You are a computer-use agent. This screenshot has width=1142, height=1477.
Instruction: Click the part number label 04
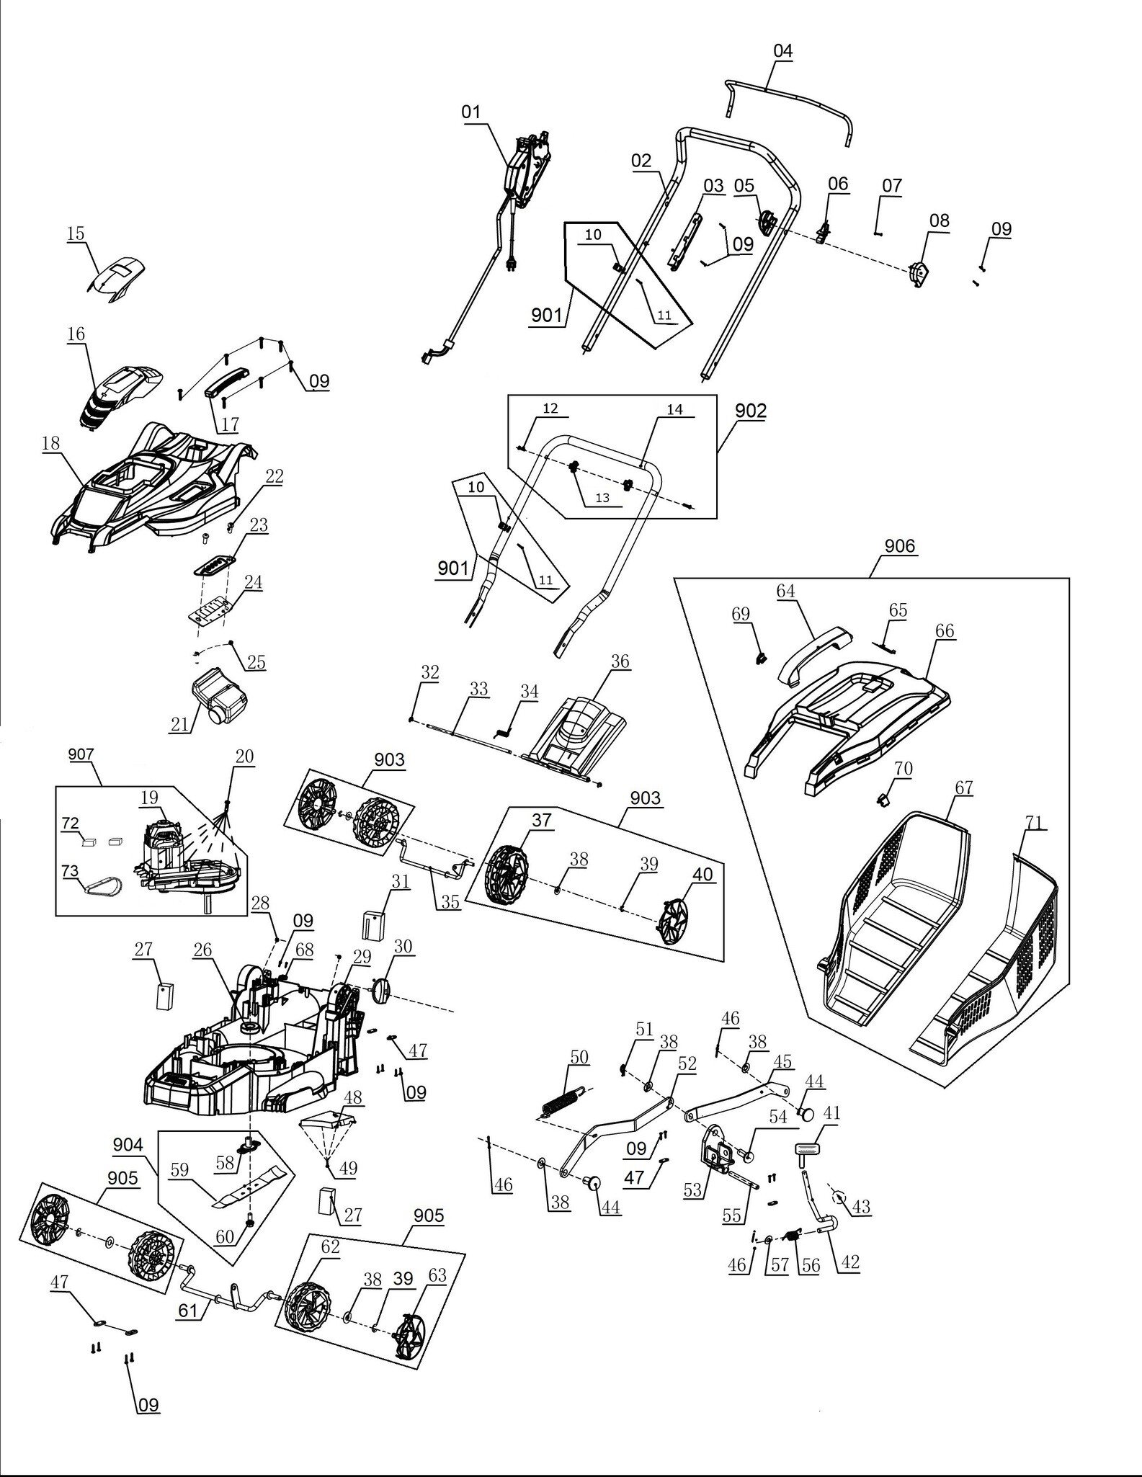[x=782, y=51]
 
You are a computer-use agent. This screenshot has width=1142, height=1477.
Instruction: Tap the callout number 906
[x=900, y=546]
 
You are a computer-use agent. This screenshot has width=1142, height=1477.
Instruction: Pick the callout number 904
[x=128, y=1145]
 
